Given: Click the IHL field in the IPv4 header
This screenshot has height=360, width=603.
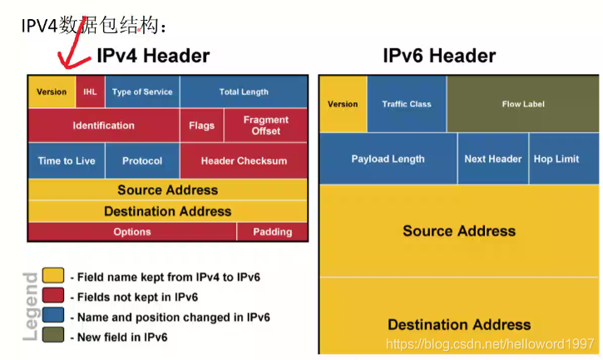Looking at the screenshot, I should (90, 91).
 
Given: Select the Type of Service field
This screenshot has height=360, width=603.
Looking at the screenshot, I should (141, 91).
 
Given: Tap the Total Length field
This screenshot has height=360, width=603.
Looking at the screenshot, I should (244, 91).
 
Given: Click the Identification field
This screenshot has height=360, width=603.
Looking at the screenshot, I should (103, 126).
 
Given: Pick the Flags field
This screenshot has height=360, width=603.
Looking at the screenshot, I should (201, 126).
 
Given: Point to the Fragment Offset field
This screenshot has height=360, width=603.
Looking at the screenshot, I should (266, 126).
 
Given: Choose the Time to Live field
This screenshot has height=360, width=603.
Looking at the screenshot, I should (67, 160).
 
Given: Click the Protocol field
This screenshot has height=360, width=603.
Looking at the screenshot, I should (141, 160).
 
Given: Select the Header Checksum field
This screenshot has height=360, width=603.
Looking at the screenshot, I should (244, 160).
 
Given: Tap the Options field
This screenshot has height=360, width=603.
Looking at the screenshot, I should (131, 232).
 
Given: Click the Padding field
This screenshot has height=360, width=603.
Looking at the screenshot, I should (273, 232).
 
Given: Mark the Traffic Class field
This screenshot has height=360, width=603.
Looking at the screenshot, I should (407, 104).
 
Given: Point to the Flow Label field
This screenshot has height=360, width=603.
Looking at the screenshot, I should (523, 104).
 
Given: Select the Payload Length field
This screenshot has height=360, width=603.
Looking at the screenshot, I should (388, 159).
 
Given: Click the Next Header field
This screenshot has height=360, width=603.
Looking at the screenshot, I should (493, 159).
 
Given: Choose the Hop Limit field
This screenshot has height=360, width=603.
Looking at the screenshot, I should (556, 159).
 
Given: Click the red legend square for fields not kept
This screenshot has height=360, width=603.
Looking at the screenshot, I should (53, 296).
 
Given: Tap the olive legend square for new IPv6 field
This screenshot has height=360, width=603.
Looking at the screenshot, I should (53, 336).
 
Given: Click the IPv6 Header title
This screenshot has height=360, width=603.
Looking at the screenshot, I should (439, 57).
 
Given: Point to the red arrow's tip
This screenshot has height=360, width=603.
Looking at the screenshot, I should (60, 67).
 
